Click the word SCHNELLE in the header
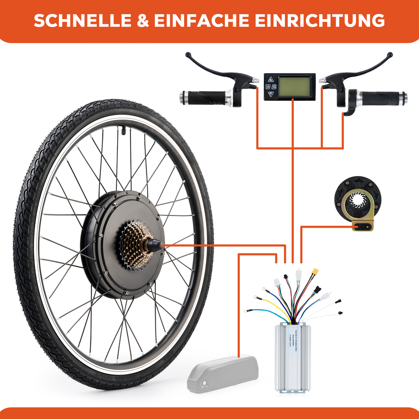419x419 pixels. (82, 21)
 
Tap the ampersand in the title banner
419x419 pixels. (143, 21)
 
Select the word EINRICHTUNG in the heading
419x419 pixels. (319, 21)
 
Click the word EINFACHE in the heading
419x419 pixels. (201, 21)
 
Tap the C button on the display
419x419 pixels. (274, 87)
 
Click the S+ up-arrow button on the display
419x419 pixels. (271, 80)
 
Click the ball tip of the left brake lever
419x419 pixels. (188, 54)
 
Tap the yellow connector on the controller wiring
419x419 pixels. (315, 271)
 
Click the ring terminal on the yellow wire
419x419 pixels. (255, 297)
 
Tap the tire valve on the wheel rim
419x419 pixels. (123, 130)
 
